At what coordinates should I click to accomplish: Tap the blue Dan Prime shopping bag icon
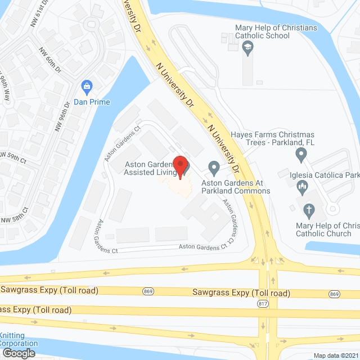(87, 86)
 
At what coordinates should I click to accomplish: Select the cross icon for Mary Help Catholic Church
(308, 211)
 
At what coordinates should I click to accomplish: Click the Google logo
(18, 353)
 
